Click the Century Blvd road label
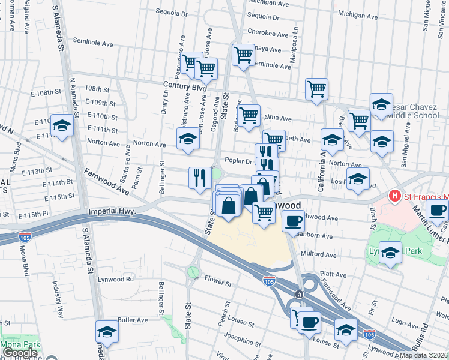184,87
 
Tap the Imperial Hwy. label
112,212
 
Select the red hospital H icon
394,196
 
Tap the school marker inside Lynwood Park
390,252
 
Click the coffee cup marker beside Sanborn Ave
293,220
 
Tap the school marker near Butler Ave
107,331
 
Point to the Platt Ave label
333,275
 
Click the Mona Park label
19,345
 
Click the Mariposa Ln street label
295,37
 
